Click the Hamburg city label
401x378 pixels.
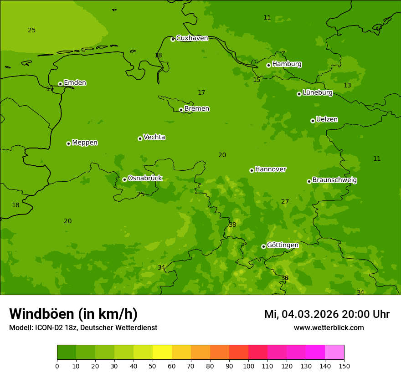click(x=287, y=64)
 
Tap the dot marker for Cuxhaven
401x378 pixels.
click(x=173, y=40)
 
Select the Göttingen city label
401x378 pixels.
click(x=283, y=245)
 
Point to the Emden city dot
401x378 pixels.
click(x=60, y=84)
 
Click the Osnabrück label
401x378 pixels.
click(x=145, y=179)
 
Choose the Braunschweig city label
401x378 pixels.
click(x=334, y=180)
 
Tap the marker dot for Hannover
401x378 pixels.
click(x=252, y=170)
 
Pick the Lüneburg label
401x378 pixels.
click(x=317, y=93)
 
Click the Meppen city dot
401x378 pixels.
click(x=68, y=143)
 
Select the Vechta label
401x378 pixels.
click(x=154, y=138)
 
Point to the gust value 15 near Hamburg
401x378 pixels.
click(x=257, y=80)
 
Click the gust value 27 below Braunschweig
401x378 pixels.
click(x=285, y=202)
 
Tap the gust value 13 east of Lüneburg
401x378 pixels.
click(x=347, y=86)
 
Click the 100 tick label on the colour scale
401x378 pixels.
click(x=248, y=366)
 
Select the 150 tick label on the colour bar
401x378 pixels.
click(x=344, y=366)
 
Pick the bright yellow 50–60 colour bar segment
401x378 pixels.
click(x=162, y=352)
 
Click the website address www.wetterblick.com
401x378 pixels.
click(x=329, y=328)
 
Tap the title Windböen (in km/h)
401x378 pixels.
click(x=73, y=314)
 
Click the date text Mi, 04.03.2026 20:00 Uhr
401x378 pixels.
click(x=327, y=314)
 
